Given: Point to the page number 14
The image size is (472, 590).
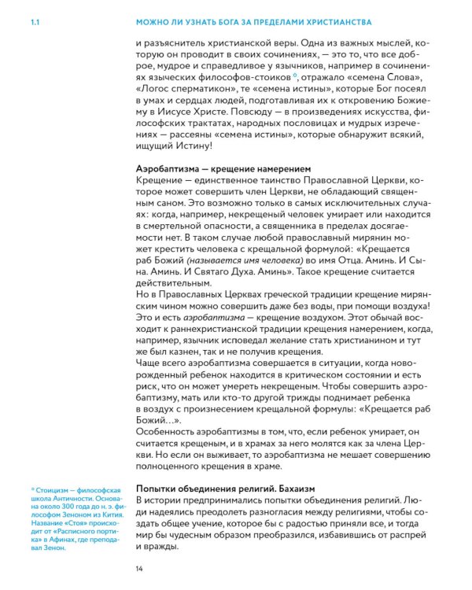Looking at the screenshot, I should pyautogui.click(x=140, y=568).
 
